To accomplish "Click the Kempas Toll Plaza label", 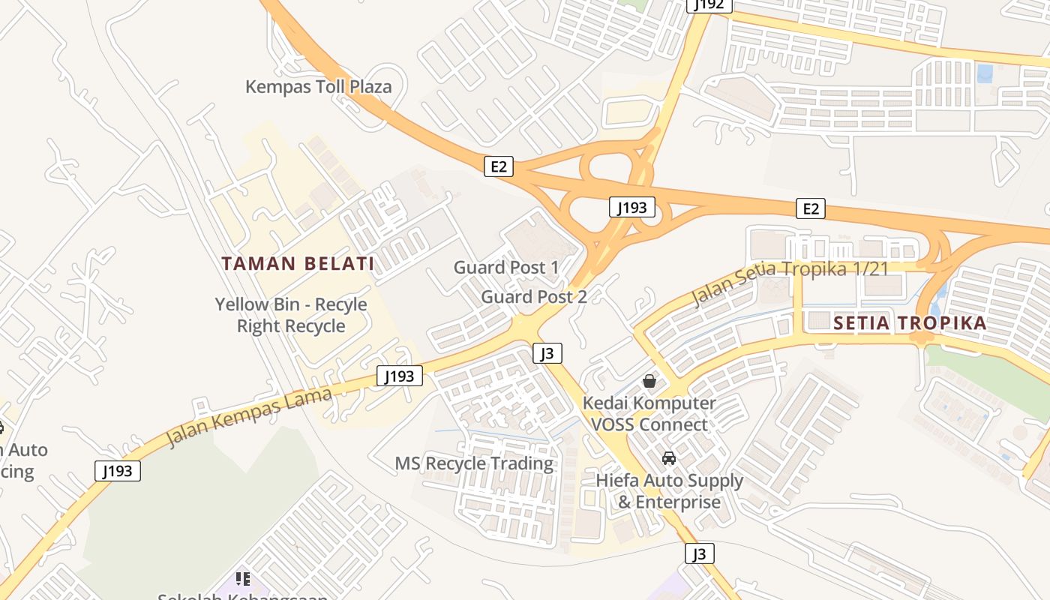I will pyautogui.click(x=319, y=87).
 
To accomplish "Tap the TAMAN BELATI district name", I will pyautogui.click(x=298, y=263).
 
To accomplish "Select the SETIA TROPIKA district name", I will pyautogui.click(x=910, y=323).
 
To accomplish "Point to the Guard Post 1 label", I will pyautogui.click(x=506, y=267).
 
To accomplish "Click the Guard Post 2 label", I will pyautogui.click(x=533, y=296).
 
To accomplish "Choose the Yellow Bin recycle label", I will pyautogui.click(x=291, y=315).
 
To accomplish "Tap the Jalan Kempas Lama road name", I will pyautogui.click(x=248, y=417).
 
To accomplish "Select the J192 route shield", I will pyautogui.click(x=709, y=4).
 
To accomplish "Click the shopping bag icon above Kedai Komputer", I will pyautogui.click(x=649, y=381).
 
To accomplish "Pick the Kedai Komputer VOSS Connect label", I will pyautogui.click(x=649, y=414).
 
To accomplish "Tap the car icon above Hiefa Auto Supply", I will pyautogui.click(x=669, y=457).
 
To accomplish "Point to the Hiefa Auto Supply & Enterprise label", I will pyautogui.click(x=669, y=491).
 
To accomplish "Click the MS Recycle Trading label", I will pyautogui.click(x=474, y=463).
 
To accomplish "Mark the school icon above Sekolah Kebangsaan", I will pyautogui.click(x=243, y=578).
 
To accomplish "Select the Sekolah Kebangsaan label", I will pyautogui.click(x=242, y=597).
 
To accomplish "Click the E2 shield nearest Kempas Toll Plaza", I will pyautogui.click(x=498, y=166).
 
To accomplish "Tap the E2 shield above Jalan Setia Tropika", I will pyautogui.click(x=811, y=208).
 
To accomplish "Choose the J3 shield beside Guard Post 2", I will pyautogui.click(x=547, y=353).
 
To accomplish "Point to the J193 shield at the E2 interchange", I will pyautogui.click(x=631, y=208).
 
